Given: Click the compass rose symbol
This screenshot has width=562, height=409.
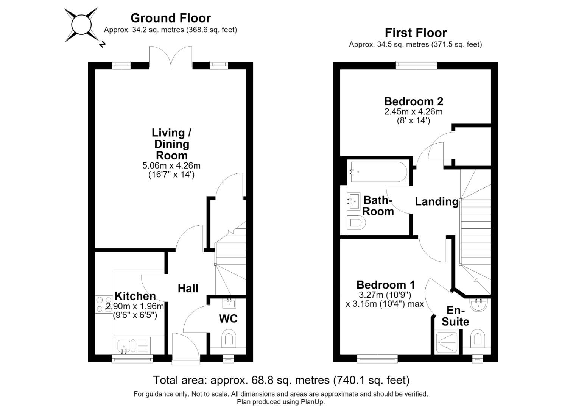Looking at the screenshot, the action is tap(81, 25).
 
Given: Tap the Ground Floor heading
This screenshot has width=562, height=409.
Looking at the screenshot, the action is tap(171, 18).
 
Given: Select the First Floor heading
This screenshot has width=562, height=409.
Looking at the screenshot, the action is tap(416, 33).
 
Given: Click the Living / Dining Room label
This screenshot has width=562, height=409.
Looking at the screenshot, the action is tap(171, 144).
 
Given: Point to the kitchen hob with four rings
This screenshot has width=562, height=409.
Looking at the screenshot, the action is tap(104, 304).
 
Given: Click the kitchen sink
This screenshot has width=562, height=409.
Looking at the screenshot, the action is tap(132, 346).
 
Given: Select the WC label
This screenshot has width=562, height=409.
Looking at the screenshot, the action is tap(228, 318).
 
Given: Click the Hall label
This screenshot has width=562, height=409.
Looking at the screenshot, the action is tap(188, 288).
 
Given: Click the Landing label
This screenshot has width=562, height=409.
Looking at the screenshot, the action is tap(437, 201).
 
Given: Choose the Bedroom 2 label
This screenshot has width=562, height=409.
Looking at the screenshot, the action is tap(414, 101).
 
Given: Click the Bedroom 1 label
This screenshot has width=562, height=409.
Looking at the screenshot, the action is tap(386, 285).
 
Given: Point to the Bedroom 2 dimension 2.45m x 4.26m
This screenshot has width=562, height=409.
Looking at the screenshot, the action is tap(414, 111).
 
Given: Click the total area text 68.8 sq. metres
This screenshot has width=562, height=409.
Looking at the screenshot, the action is tap(291, 380).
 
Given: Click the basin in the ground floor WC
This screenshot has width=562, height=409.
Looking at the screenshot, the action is tap(229, 304).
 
